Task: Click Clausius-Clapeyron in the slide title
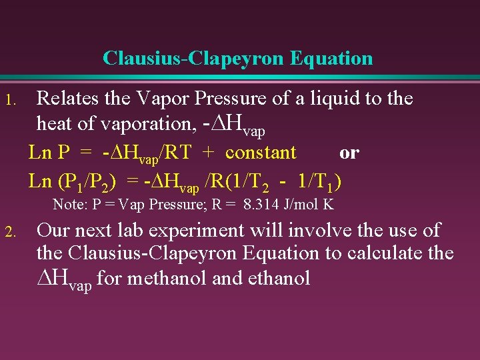[194, 59]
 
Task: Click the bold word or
[349, 153]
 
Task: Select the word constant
[261, 153]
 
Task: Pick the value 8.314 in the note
[265, 205]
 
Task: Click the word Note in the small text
[67, 205]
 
